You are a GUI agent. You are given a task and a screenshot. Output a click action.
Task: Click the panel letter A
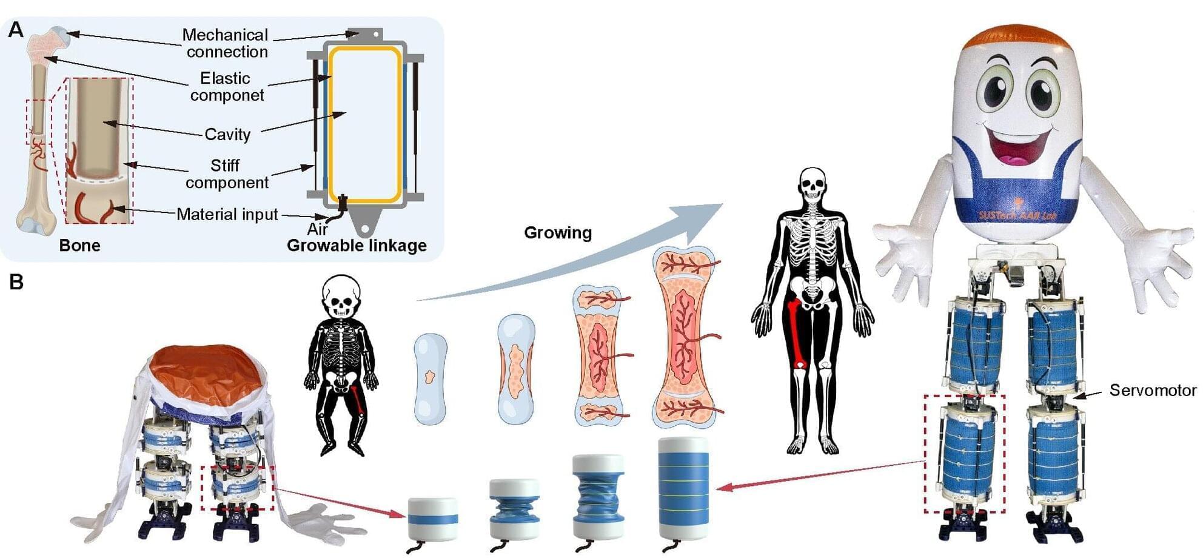[x=16, y=29]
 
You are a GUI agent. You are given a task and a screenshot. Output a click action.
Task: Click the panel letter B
[x=16, y=282]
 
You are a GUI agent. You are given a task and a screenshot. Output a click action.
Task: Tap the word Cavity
[x=227, y=135]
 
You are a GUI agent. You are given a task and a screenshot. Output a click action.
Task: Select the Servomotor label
[x=1153, y=390]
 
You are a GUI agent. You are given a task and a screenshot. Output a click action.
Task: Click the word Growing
[x=558, y=233]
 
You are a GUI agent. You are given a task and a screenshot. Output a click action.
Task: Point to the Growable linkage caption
[x=357, y=246]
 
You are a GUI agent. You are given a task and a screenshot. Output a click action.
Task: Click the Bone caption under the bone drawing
[x=79, y=246]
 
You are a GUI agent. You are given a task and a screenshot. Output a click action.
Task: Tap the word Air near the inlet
[x=317, y=229]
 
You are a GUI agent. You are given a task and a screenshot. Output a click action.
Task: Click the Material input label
[x=227, y=214]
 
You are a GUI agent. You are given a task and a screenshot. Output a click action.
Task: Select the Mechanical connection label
[x=226, y=43]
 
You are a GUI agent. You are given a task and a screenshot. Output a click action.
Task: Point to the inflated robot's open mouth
[x=1019, y=149]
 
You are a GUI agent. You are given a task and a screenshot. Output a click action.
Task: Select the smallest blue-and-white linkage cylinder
[x=432, y=520]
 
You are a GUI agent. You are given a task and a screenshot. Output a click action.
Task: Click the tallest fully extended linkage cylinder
[x=683, y=488]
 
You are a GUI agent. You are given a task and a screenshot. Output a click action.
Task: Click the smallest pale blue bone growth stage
[x=431, y=378]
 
